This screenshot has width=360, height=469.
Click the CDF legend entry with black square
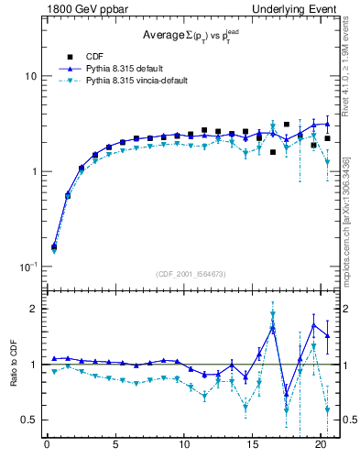tap(79, 55)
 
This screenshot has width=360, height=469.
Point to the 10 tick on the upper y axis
tap(28, 76)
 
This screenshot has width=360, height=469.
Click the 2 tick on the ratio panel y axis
tap(32, 309)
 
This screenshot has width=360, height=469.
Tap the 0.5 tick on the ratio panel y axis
tap(27, 420)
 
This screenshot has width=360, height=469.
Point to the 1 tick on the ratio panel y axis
tap(32, 365)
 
